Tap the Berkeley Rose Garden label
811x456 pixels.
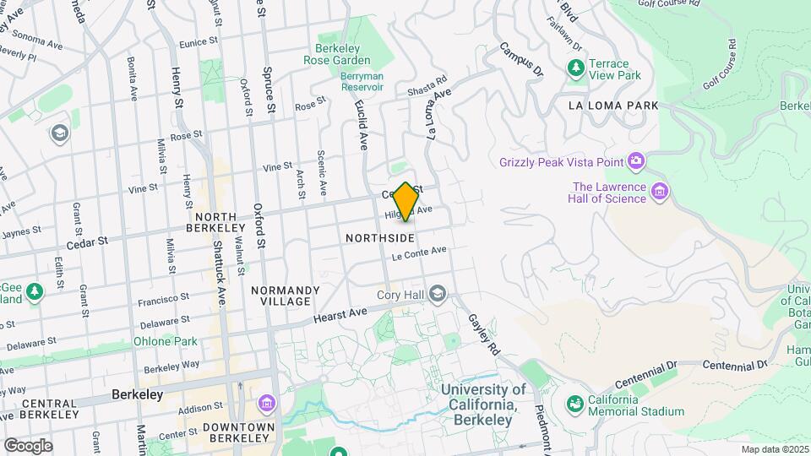point(342,54)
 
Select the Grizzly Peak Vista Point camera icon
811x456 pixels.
point(636,161)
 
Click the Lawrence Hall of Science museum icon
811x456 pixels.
point(660,193)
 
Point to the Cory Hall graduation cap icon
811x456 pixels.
point(437,295)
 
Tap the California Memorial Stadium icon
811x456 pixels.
point(575,405)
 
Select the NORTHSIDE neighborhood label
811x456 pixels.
point(379,239)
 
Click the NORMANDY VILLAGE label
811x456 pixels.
point(286,296)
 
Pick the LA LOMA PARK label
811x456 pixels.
point(613,106)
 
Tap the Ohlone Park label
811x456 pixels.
point(165,342)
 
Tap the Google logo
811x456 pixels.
point(28,446)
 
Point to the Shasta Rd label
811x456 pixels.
point(426,87)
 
